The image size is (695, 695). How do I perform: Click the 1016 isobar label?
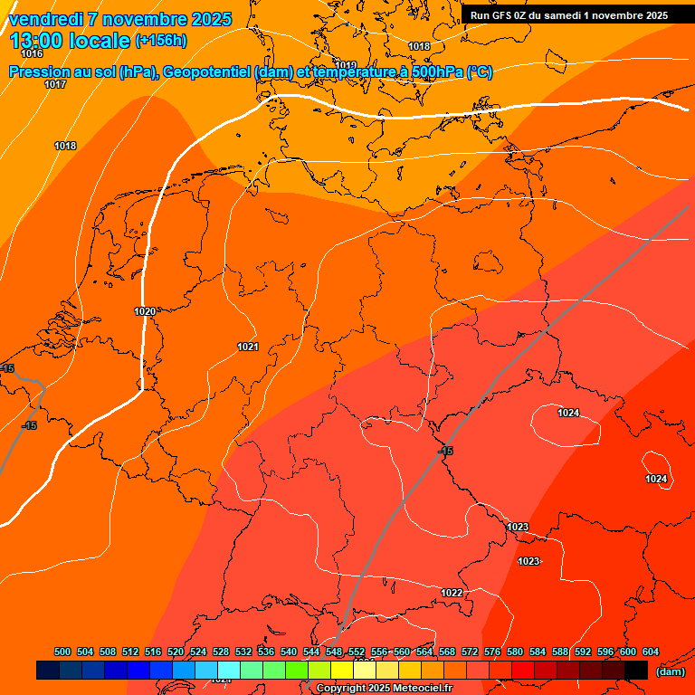32,53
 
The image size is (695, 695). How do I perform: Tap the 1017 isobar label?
55,84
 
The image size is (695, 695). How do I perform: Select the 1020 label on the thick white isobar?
145,311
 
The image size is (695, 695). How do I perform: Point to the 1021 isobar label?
248,347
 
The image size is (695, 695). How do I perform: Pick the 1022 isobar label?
452,593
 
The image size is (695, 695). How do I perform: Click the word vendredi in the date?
44,19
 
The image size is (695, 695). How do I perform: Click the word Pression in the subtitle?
40,72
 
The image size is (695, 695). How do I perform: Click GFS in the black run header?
500,15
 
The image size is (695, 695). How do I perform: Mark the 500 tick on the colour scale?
62,652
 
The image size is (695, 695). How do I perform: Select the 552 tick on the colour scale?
357,652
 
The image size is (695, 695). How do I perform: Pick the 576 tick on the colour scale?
492,652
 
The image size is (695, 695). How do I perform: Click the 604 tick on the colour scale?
651,652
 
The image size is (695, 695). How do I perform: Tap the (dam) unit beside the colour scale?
670,671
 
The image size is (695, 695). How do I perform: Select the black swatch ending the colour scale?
636,671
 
